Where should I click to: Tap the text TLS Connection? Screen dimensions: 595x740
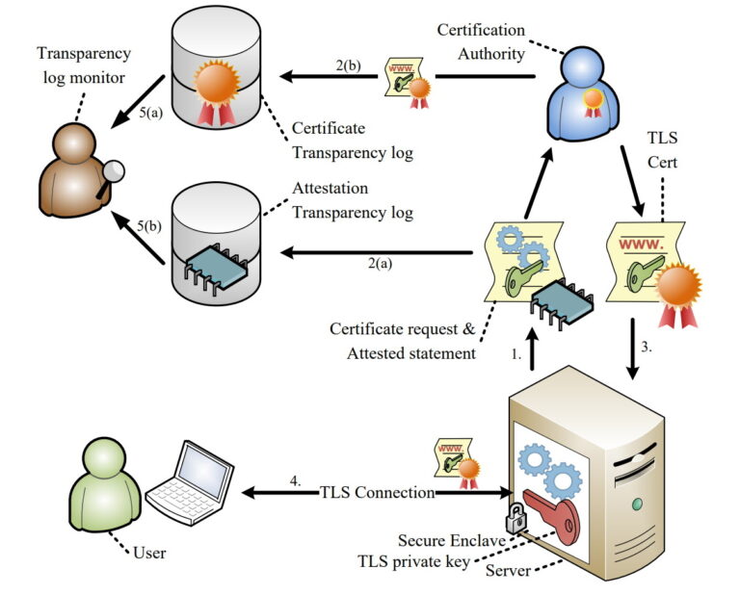point(377,493)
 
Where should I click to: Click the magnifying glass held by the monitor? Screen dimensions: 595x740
point(115,171)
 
